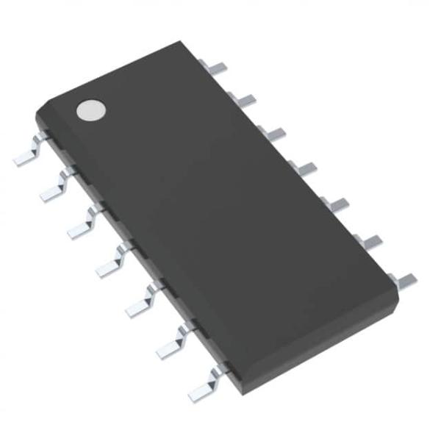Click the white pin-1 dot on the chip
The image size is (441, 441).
[x=91, y=110]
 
